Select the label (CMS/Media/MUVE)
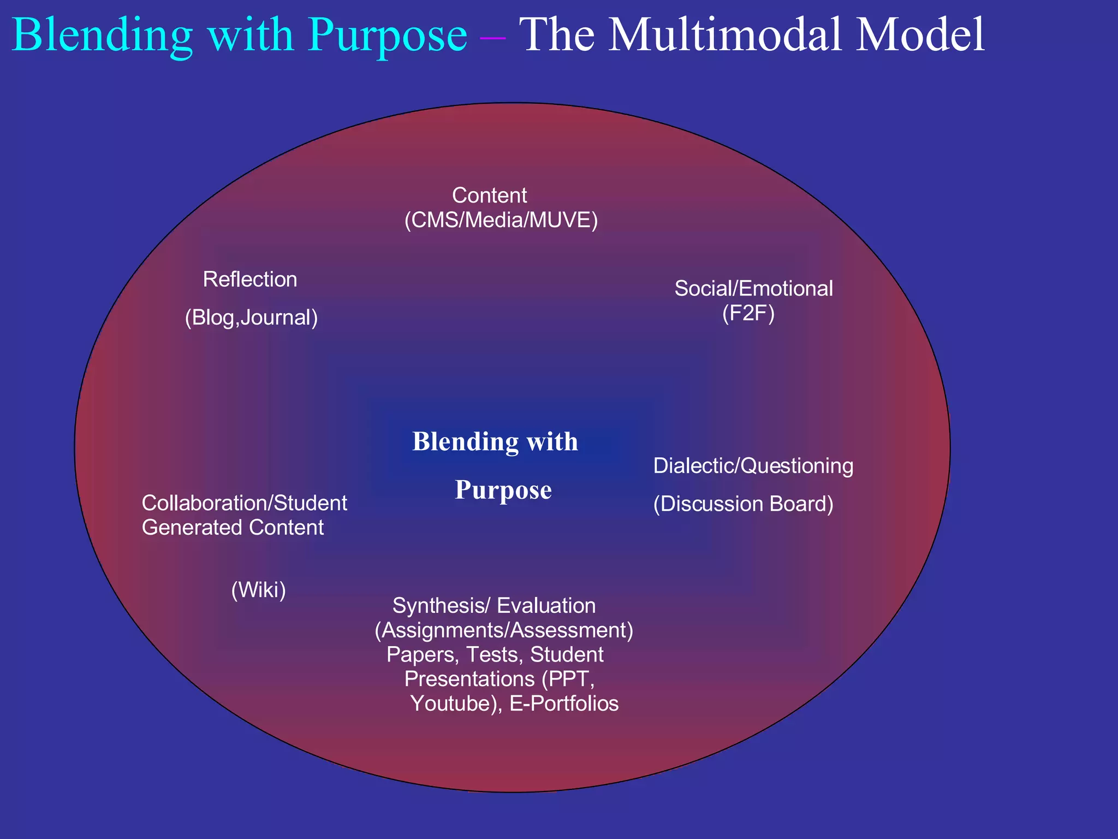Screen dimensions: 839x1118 [x=501, y=220]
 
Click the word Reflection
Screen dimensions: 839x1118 [x=250, y=280]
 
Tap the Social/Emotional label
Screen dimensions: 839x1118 [x=753, y=288]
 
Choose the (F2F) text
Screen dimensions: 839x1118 [x=748, y=314]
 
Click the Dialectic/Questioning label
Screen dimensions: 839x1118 [x=753, y=466]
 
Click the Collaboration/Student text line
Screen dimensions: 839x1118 [x=244, y=503]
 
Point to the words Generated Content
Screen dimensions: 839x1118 [x=233, y=528]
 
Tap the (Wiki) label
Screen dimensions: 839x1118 [x=258, y=590]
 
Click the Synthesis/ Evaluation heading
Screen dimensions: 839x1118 [x=494, y=606]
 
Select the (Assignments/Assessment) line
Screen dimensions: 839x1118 [x=503, y=630]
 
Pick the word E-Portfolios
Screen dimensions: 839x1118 [x=564, y=704]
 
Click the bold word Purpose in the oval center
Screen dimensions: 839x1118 [x=503, y=490]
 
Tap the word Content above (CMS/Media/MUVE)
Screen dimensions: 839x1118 [x=489, y=196]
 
